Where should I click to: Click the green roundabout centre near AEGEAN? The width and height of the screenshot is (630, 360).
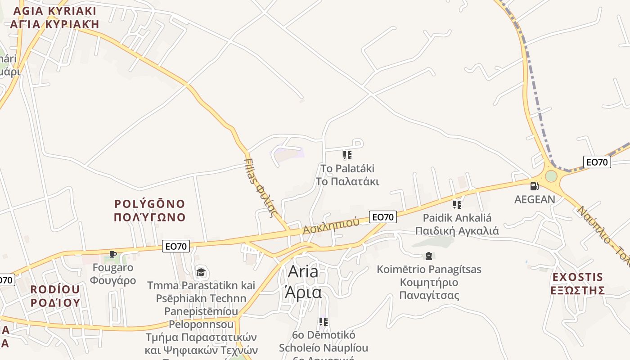click(551, 176)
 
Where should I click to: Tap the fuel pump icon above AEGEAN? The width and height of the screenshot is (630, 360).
click(534, 186)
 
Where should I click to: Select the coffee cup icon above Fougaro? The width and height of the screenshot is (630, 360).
click(113, 255)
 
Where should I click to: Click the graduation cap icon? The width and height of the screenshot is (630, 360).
click(201, 272)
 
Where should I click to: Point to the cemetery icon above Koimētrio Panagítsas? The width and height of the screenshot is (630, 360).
click(429, 256)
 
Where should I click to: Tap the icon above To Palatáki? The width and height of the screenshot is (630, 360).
click(347, 156)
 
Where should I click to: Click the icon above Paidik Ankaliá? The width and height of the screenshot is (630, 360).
click(457, 205)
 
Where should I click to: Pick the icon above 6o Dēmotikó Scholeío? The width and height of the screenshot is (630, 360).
click(323, 322)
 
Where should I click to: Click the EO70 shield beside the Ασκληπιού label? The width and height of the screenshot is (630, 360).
click(383, 217)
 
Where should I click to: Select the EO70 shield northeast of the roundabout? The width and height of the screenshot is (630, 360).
click(597, 162)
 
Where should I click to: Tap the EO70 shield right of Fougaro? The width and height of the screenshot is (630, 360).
click(176, 246)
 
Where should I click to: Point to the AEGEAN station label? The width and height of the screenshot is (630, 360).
click(535, 199)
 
